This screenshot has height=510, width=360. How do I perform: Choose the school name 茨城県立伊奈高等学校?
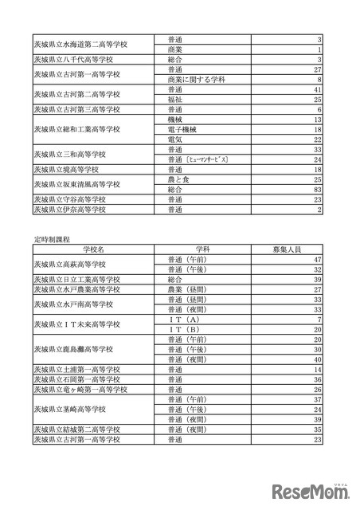point(75,210)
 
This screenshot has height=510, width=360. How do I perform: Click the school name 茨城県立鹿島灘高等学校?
point(80,349)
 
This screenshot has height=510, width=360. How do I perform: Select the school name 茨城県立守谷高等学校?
point(75,200)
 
